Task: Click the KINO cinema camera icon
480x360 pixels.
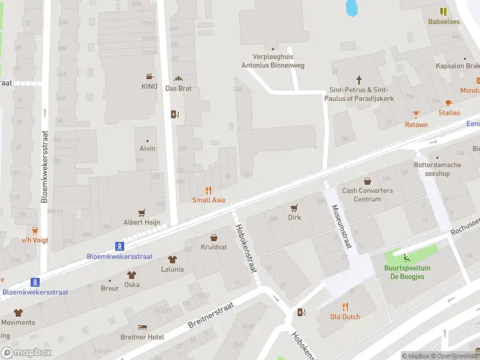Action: [x=149, y=76]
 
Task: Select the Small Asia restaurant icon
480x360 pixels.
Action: [x=209, y=190]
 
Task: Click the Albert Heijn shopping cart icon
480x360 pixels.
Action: [x=142, y=212]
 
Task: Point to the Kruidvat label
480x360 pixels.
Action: [x=214, y=247]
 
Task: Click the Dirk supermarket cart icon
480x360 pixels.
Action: [x=294, y=208]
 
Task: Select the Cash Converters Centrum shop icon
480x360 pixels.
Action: [x=367, y=181]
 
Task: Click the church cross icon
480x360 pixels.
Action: [x=359, y=79]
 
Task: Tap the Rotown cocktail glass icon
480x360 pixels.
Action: [x=416, y=114]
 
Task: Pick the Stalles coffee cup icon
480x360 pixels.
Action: [x=449, y=103]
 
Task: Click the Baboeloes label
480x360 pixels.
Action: [x=443, y=22]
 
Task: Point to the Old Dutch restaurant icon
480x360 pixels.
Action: [x=345, y=307]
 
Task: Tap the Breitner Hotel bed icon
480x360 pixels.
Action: [x=142, y=327]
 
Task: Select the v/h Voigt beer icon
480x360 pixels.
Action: [x=35, y=230]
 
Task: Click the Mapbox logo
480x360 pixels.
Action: [x=26, y=352]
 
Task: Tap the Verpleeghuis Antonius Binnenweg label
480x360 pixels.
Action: [x=272, y=61]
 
